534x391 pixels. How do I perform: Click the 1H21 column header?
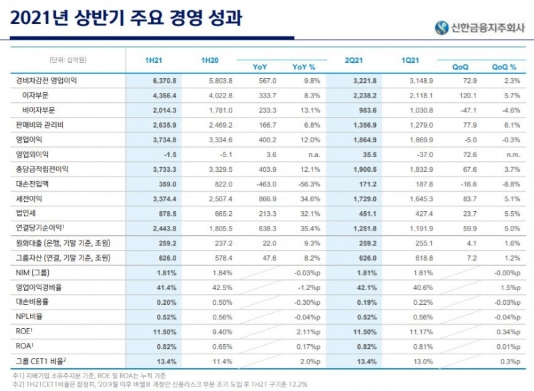154,61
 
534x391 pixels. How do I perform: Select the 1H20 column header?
210,61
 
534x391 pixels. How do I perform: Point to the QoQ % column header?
504,67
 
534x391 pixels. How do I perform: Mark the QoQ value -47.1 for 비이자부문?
459,110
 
